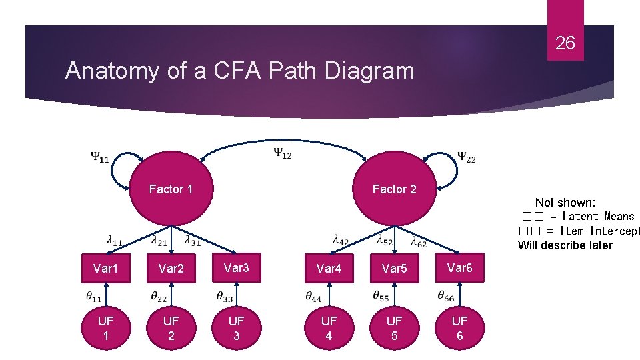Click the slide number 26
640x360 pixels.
(565, 44)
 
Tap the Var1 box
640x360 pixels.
(105, 269)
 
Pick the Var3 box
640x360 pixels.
(237, 268)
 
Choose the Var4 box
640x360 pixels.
(329, 269)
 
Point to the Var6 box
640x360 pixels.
(460, 268)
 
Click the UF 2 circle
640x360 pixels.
(171, 328)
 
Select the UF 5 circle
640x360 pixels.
(394, 328)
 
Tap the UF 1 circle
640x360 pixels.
(105, 328)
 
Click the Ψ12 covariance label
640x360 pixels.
(282, 153)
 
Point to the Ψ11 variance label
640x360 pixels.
(101, 158)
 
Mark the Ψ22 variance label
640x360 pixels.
(467, 158)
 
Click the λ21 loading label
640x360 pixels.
(159, 240)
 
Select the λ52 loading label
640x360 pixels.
(385, 240)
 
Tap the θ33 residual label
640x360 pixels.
(225, 296)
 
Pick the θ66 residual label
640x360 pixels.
(447, 296)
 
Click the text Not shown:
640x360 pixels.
(565, 203)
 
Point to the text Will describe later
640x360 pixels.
(565, 245)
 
